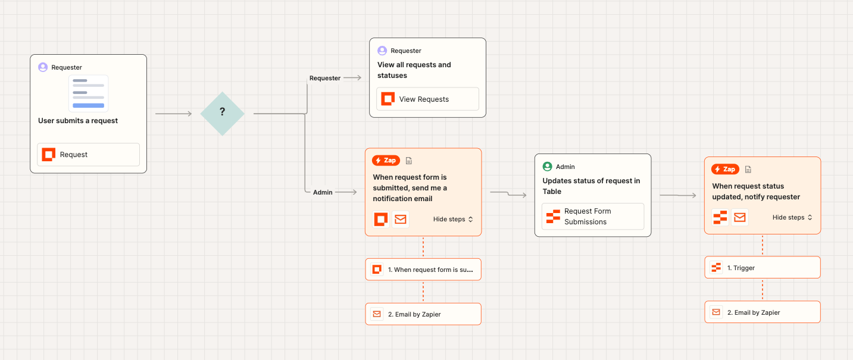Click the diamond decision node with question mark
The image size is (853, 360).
click(x=222, y=113)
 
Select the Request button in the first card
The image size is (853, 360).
click(x=88, y=155)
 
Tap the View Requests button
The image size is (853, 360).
click(x=427, y=99)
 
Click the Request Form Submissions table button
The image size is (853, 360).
click(x=592, y=217)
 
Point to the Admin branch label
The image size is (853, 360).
click(x=323, y=192)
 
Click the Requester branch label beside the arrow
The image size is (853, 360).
click(x=325, y=78)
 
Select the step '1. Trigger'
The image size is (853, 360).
click(x=762, y=268)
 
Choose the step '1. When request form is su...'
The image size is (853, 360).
click(x=423, y=270)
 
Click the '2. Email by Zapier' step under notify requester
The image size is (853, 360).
click(x=762, y=312)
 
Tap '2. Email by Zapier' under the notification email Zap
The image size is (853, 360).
click(x=423, y=314)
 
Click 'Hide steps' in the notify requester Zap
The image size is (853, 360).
click(x=792, y=218)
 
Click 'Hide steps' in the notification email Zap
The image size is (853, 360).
click(x=453, y=220)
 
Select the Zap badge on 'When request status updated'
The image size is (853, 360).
click(x=725, y=170)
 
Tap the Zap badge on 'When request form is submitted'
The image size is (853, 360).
click(x=386, y=161)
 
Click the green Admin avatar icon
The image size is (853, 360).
click(x=547, y=167)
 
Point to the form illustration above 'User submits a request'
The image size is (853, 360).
click(x=88, y=93)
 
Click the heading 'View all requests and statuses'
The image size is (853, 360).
click(x=414, y=70)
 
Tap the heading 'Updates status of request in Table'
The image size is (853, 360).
click(x=591, y=186)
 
